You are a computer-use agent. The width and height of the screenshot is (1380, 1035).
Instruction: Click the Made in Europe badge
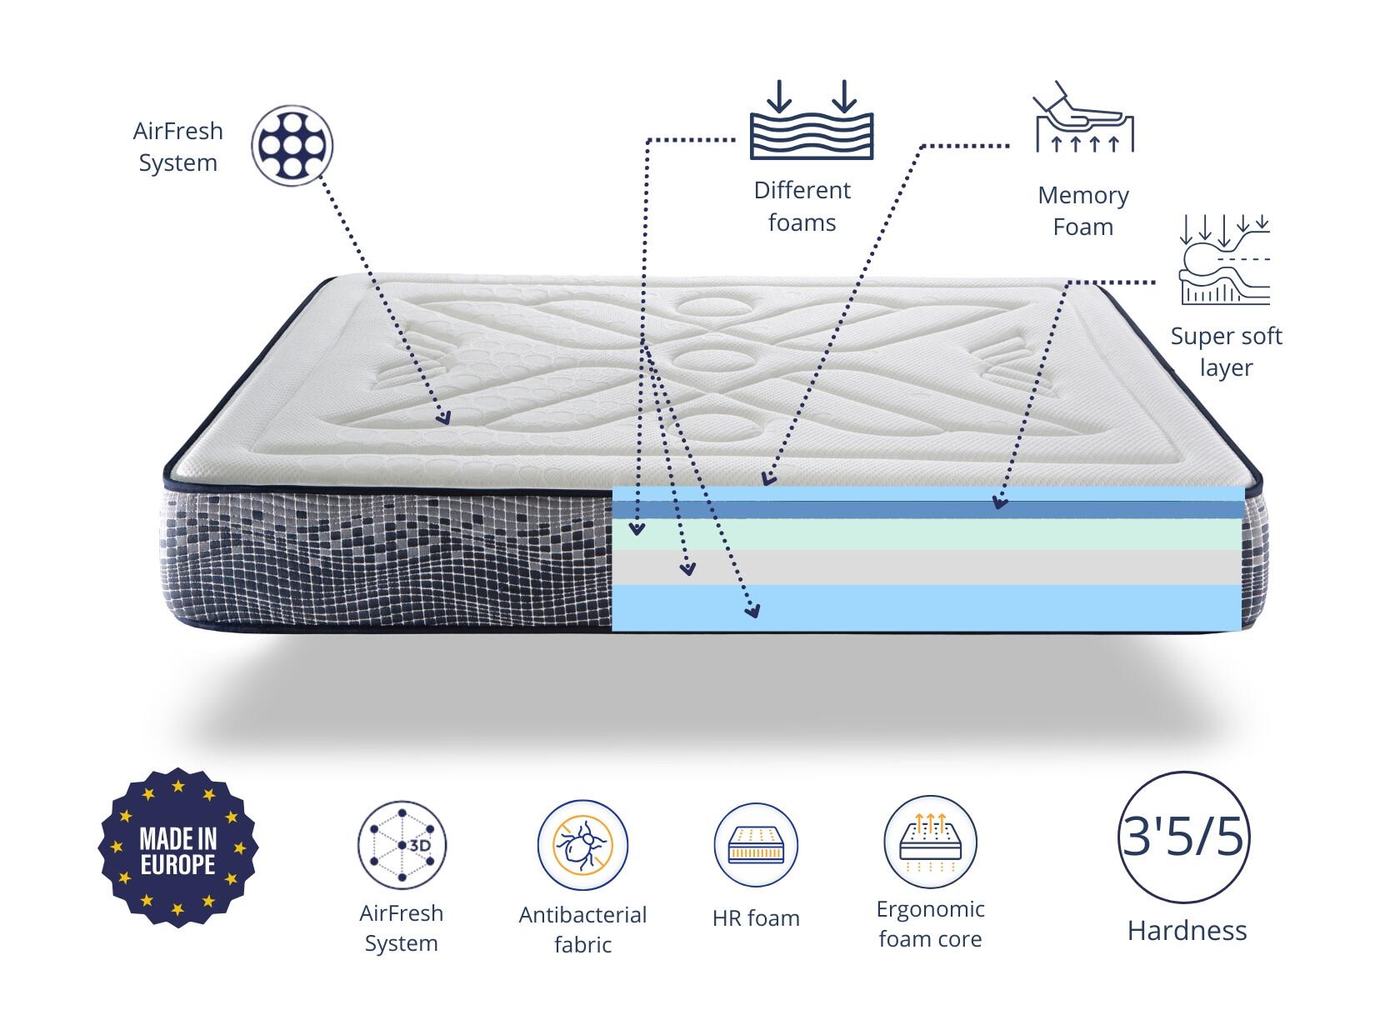tap(178, 847)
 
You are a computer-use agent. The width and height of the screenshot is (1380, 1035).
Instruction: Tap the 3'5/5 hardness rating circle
tap(1183, 837)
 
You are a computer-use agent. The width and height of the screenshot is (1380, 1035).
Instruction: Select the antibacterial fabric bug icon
tap(582, 845)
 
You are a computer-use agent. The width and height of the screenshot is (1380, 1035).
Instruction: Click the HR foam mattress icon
tap(756, 845)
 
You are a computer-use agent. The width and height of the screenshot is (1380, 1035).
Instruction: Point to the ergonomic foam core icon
tap(930, 842)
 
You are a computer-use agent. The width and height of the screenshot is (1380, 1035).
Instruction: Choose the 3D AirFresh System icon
tap(402, 845)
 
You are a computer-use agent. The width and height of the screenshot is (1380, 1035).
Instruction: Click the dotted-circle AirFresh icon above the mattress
tap(292, 145)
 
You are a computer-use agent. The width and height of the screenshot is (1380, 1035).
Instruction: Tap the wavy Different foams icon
tap(812, 119)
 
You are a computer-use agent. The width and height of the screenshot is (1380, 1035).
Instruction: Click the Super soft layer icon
tap(1224, 259)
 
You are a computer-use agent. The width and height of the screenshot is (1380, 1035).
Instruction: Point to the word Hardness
tap(1187, 931)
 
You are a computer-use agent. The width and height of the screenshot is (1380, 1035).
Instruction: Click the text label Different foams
tap(802, 206)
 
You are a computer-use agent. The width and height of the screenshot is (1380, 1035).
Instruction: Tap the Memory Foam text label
tap(1082, 211)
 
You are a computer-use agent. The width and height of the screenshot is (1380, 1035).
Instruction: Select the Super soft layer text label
tap(1226, 352)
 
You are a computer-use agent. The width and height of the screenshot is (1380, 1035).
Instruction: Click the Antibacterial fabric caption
tap(582, 929)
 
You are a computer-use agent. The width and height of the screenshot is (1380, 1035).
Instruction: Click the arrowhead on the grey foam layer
tap(688, 568)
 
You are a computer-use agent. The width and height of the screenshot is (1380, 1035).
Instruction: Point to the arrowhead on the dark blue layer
tap(998, 502)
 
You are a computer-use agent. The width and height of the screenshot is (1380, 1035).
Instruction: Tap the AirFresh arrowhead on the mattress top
tap(444, 417)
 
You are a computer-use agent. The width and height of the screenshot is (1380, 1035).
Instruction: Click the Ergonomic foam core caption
tap(930, 924)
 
